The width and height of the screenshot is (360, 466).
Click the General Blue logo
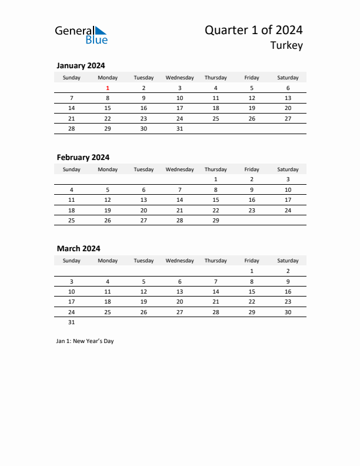coord(81,35)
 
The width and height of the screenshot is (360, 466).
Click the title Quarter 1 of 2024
coord(254,31)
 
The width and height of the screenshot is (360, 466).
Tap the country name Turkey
coord(287,46)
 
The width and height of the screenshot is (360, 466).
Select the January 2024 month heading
coord(81,66)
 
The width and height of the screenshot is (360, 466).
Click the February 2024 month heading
coord(83,157)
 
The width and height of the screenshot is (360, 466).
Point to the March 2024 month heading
coord(78,249)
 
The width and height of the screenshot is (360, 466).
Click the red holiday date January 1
coord(108,88)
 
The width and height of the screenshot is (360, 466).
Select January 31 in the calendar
coord(179,128)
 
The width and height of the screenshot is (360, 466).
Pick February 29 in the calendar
coord(215,220)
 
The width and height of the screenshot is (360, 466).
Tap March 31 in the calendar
coord(72,322)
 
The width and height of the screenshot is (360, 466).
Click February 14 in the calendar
coord(179,199)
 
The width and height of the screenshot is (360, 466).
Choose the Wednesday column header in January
coord(179,78)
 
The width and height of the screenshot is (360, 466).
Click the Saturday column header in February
coord(288,169)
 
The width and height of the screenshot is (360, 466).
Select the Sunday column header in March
coord(72,261)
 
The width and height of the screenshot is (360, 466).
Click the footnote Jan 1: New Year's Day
coord(85,341)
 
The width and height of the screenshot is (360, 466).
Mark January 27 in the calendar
coord(288,118)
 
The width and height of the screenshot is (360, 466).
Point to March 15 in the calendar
coord(252,291)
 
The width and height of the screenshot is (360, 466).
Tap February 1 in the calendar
coord(215,179)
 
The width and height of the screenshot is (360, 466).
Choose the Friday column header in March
coord(252,261)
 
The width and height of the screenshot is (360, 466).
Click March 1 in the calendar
coord(252,271)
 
